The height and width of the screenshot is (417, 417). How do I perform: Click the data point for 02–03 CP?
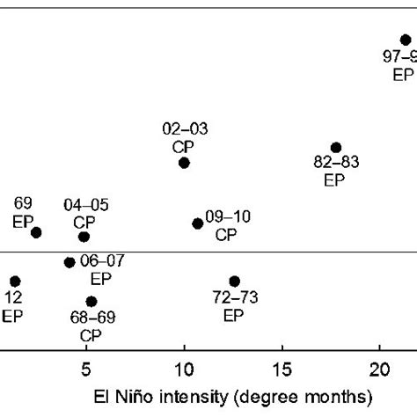184,163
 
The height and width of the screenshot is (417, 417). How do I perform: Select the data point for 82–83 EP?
335,147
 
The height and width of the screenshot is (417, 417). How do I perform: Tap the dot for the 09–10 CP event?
198,223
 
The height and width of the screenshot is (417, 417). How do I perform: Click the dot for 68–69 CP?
91,302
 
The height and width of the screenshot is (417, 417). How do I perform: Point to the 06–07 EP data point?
69,262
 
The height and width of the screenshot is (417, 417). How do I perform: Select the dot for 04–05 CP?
84,237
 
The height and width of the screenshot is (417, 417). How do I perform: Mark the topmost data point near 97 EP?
406,40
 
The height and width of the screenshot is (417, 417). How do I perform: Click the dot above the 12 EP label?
15,282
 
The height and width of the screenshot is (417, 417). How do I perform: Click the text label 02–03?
185,128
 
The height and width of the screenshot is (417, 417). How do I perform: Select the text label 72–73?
234,298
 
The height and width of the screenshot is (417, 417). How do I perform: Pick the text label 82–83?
336,164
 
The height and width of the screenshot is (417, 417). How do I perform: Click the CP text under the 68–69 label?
91,335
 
